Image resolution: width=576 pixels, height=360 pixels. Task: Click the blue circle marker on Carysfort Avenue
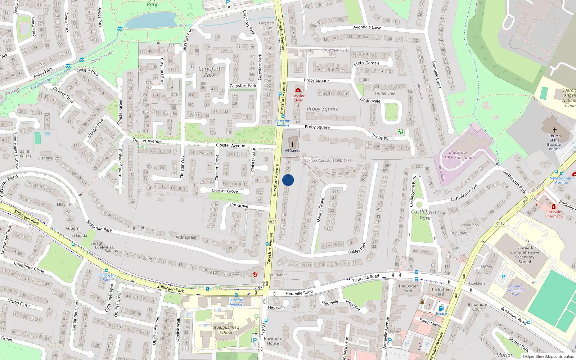tap(288, 180)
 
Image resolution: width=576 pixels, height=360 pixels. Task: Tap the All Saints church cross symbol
tap(293, 145)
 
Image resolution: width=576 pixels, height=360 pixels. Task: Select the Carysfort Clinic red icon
tap(298, 90)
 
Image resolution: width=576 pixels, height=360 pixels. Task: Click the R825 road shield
tap(272, 222)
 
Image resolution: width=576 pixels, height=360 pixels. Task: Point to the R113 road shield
tap(500, 223)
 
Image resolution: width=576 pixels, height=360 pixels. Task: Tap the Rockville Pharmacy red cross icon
tap(554, 207)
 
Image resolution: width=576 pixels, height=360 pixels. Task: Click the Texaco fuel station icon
tap(441, 309)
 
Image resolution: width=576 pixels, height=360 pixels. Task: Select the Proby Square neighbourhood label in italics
tap(323, 109)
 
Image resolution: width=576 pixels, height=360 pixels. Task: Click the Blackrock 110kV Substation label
tap(458, 155)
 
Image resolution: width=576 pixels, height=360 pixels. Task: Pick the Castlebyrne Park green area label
tap(425, 215)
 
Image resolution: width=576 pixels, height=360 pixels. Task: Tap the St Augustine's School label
tap(226, 330)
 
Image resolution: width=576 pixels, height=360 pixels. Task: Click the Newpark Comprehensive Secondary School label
tap(525, 255)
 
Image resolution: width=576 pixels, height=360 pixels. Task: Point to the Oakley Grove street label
tap(320, 210)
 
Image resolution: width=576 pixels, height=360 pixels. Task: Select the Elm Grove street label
tap(239, 205)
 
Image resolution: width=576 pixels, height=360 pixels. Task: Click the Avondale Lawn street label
tap(367, 27)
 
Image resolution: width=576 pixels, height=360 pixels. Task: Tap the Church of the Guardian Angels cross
tap(554, 130)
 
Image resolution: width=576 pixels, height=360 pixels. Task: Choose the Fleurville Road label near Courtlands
tap(299, 293)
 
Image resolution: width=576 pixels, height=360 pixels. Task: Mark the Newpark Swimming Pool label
tap(515, 290)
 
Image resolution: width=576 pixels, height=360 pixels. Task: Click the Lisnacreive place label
tap(48, 158)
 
